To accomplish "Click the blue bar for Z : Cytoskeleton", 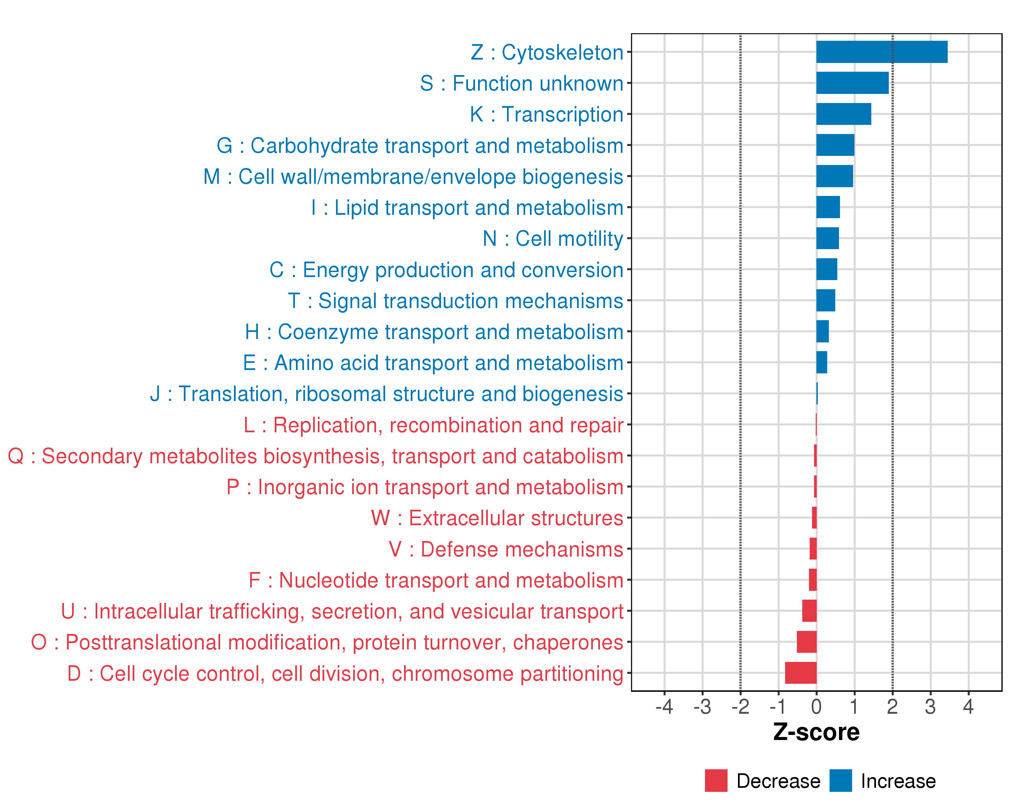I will [x=882, y=52].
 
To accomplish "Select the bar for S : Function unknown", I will [x=852, y=83].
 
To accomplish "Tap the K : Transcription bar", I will [x=843, y=114].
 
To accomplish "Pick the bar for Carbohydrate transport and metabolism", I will [x=835, y=145].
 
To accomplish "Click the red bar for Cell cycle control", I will [x=801, y=673].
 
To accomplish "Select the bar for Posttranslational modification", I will [x=806, y=642].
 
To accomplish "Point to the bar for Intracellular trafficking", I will [x=809, y=611].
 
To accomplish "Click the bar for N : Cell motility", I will [x=827, y=238].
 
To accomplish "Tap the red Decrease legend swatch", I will [x=716, y=780].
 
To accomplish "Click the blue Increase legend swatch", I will [x=840, y=780].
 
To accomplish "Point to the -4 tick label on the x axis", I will [x=664, y=707].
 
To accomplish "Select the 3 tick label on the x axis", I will [x=930, y=707].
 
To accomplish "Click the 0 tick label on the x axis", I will [x=816, y=707].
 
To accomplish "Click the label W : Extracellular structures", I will [x=497, y=518].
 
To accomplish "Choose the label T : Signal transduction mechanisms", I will [x=456, y=301].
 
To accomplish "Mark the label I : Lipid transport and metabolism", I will [x=467, y=207].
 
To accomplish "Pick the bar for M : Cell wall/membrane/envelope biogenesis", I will [x=834, y=176].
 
